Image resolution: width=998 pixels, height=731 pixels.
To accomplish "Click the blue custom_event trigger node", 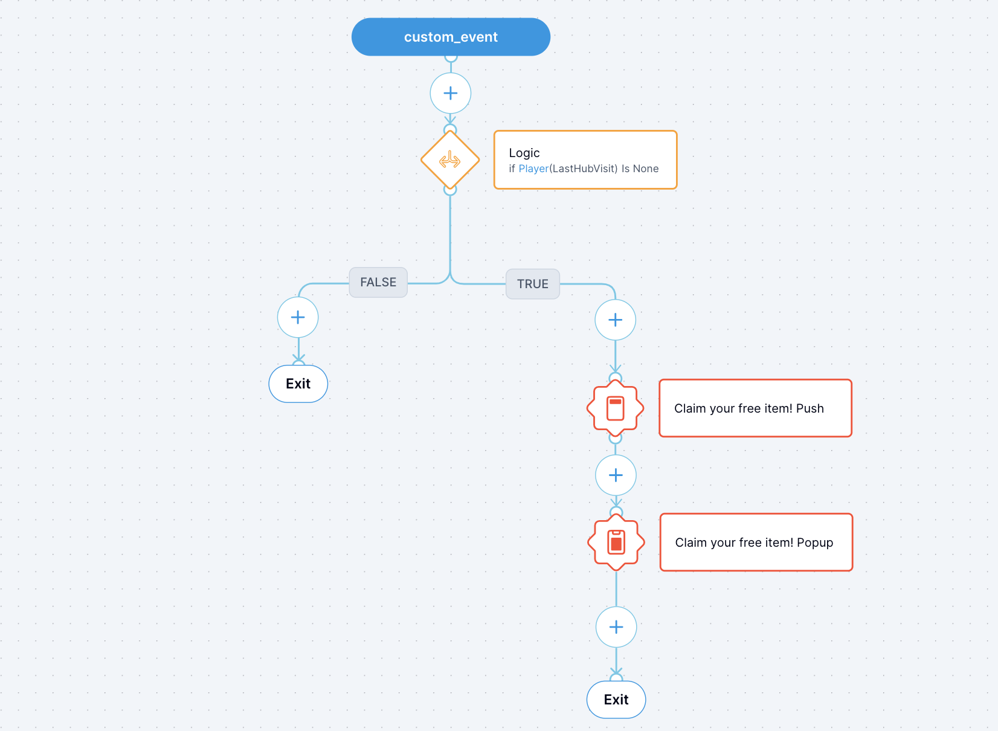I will pos(451,37).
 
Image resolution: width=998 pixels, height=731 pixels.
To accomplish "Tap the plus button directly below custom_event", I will pos(451,93).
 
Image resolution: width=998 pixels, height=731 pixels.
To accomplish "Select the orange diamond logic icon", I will pos(450,161).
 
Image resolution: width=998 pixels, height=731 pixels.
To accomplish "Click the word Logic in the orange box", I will pos(524,153).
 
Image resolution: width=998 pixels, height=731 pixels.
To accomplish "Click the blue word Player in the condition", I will pos(533,169).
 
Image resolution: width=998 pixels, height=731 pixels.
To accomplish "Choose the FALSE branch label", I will pos(378,282).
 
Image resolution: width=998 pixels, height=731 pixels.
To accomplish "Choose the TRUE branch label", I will pos(532,284).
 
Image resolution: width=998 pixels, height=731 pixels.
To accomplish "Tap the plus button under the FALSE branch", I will pos(298,317).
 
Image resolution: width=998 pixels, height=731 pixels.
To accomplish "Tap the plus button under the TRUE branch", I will pos(615,320).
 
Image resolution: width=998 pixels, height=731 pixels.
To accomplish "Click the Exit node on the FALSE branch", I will pos(298,384).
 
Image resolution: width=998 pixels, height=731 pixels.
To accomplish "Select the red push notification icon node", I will pos(615,408).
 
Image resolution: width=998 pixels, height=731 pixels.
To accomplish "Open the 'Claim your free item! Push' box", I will pos(755,408).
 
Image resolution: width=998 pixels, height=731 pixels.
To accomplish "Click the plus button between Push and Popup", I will pos(616,475).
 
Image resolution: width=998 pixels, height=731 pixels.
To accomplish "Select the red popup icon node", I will pos(616,543).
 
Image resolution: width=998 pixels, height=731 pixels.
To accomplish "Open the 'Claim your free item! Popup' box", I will pos(756,543).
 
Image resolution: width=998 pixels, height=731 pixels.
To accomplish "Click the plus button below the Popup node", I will pos(616,627).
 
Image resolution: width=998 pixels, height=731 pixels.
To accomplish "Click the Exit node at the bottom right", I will pos(616,700).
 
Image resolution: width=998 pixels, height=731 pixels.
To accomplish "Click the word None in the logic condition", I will pos(646,169).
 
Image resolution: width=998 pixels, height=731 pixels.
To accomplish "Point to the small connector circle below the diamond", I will pos(450,190).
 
